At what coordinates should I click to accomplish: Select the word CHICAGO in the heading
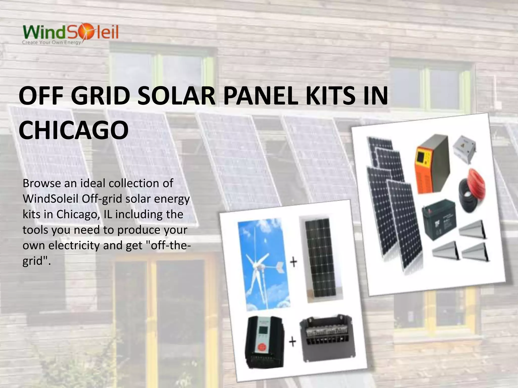pyautogui.click(x=74, y=130)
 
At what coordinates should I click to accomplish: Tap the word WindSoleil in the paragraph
pyautogui.click(x=51, y=199)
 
